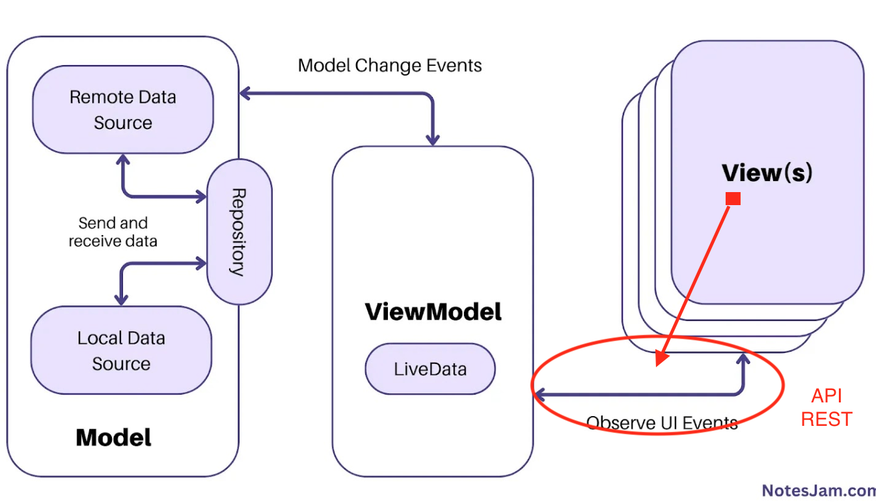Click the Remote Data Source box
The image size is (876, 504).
click(123, 109)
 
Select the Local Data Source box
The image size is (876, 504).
click(121, 350)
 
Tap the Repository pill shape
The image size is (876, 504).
click(239, 232)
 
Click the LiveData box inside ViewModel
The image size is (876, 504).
click(430, 369)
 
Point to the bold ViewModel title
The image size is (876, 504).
click(433, 312)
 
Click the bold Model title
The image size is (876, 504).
click(113, 437)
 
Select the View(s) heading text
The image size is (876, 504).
click(767, 173)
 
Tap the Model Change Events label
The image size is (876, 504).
click(390, 66)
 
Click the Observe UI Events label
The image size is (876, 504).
click(662, 423)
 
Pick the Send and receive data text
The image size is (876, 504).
click(113, 232)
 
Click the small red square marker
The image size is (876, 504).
click(733, 199)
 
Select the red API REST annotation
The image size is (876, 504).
click(827, 408)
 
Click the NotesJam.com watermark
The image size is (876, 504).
click(819, 490)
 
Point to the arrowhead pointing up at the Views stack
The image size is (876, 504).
click(743, 358)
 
